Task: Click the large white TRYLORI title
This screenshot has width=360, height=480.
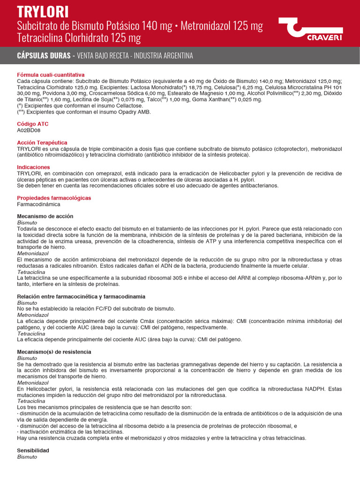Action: click(x=43, y=11)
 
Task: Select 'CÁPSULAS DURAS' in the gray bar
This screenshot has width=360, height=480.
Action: click(x=44, y=56)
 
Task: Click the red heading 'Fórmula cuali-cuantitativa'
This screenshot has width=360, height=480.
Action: click(x=51, y=75)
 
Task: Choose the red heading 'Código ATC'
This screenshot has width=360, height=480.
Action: click(x=32, y=124)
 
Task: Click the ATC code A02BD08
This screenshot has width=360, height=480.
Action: click(x=29, y=130)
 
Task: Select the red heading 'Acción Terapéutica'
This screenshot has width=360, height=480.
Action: click(x=42, y=142)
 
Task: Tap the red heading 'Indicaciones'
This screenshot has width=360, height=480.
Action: click(x=33, y=167)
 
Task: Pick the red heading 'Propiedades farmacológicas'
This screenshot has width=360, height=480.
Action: click(x=54, y=198)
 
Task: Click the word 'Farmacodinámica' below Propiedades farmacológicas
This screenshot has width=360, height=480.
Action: click(x=38, y=204)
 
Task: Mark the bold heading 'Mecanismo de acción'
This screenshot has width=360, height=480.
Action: click(x=45, y=216)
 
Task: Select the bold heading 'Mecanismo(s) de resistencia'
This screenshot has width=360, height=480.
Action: click(x=54, y=352)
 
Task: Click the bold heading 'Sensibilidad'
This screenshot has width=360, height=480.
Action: click(x=33, y=450)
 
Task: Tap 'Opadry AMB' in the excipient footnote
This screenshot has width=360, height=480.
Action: click(x=136, y=112)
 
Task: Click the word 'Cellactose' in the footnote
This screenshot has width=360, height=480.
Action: click(x=129, y=106)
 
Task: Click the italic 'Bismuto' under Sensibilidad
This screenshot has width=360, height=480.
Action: click(x=27, y=457)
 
